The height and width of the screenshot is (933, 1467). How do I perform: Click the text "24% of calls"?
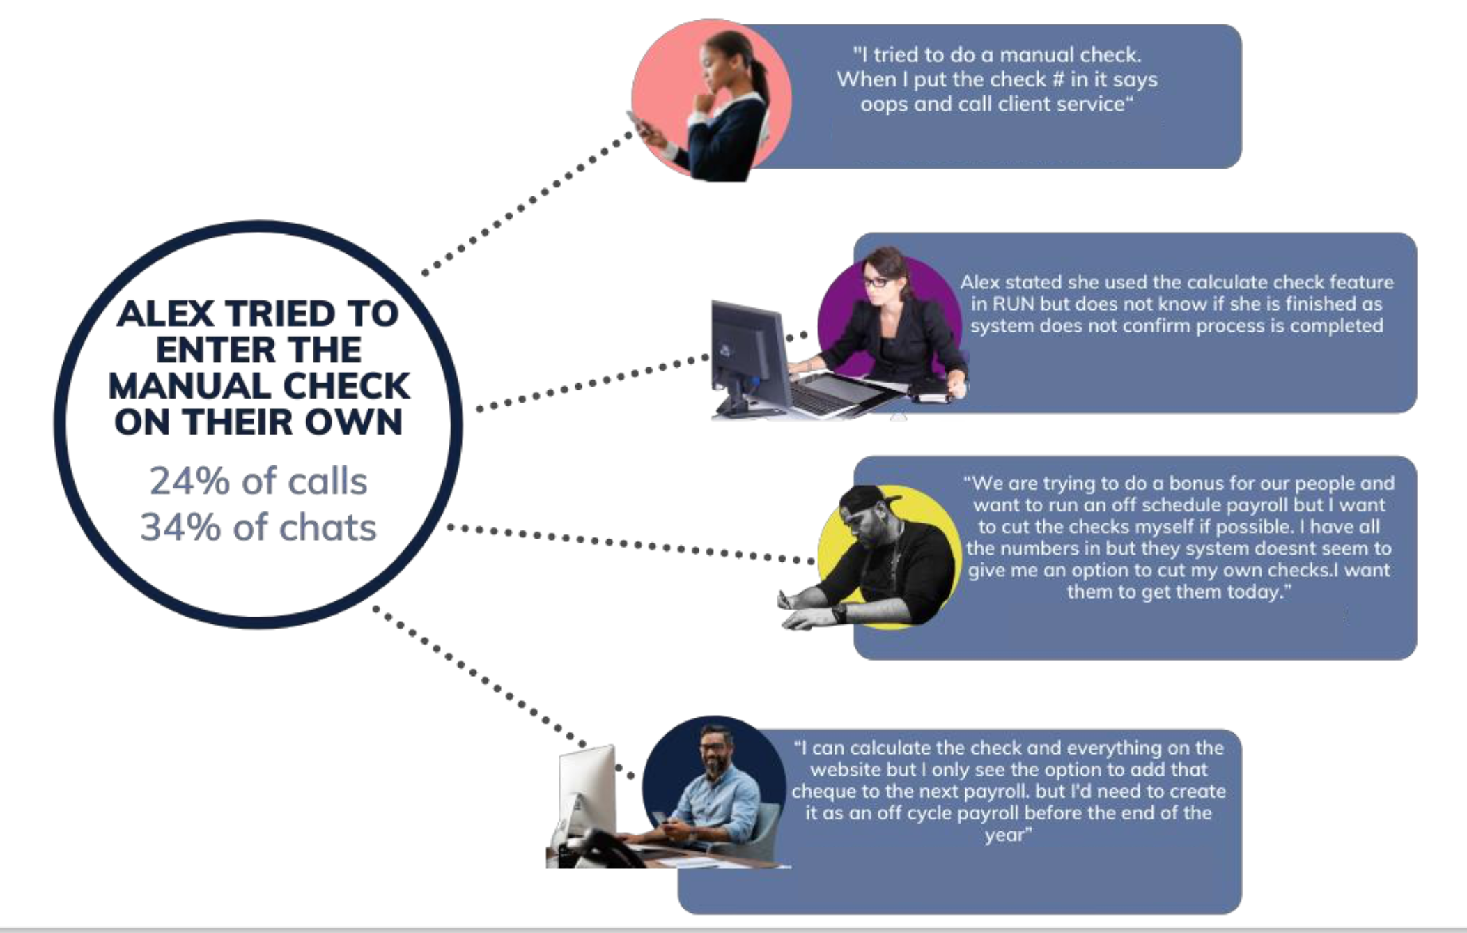(258, 481)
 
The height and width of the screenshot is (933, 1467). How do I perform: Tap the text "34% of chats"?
(258, 527)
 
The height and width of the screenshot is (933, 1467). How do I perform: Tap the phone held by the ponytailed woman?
(639, 125)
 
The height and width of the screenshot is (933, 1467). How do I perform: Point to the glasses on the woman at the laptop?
(876, 282)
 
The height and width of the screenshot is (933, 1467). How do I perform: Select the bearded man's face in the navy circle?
(714, 753)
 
